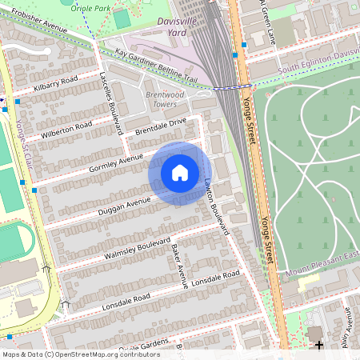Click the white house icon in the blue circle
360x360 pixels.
pos(180,173)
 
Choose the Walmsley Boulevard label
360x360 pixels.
pos(138,248)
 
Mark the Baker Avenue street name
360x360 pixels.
pos(179,263)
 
